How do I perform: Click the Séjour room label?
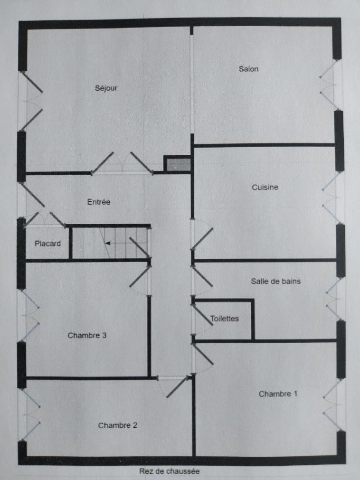click(106, 88)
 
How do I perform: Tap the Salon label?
click(248, 69)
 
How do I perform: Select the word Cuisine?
click(265, 187)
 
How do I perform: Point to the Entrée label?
click(99, 202)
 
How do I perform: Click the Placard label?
click(47, 244)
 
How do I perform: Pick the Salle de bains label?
click(275, 281)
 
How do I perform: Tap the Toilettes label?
click(224, 319)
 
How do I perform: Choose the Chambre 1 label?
click(278, 394)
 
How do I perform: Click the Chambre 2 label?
click(118, 425)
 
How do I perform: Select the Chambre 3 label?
click(87, 335)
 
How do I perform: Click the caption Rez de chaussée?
click(169, 471)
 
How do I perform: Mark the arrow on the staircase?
click(107, 244)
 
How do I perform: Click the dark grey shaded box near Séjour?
click(178, 164)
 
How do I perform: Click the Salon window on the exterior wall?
click(330, 85)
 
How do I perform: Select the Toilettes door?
click(202, 319)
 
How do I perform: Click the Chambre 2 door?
click(173, 386)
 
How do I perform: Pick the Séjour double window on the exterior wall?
click(31, 101)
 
